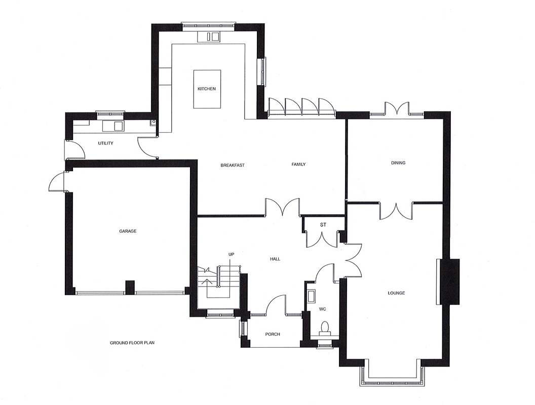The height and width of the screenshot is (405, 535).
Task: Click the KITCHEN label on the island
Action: coord(207,89)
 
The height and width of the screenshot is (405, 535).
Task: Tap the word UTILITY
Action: coord(105,143)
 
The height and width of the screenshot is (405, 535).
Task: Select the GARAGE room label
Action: coord(128,231)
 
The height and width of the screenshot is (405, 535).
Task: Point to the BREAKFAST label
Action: coord(233,165)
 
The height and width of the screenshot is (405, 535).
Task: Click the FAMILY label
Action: coord(298,165)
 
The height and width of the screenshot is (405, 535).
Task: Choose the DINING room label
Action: coord(398,163)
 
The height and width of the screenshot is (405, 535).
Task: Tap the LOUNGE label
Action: coord(396,293)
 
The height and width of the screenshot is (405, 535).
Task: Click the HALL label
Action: coord(275,259)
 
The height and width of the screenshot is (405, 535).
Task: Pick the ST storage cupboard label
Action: coord(323,224)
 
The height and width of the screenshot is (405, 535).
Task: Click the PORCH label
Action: coord(273,334)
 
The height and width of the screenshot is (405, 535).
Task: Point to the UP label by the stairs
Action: coord(231,254)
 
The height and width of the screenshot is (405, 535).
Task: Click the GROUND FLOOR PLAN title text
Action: coord(132,343)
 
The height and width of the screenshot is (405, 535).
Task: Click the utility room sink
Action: coord(118,125)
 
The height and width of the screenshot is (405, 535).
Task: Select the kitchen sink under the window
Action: coord(212,36)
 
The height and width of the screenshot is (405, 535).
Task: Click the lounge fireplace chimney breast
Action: coord(448,281)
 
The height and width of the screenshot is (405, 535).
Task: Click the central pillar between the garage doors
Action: coord(130,288)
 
